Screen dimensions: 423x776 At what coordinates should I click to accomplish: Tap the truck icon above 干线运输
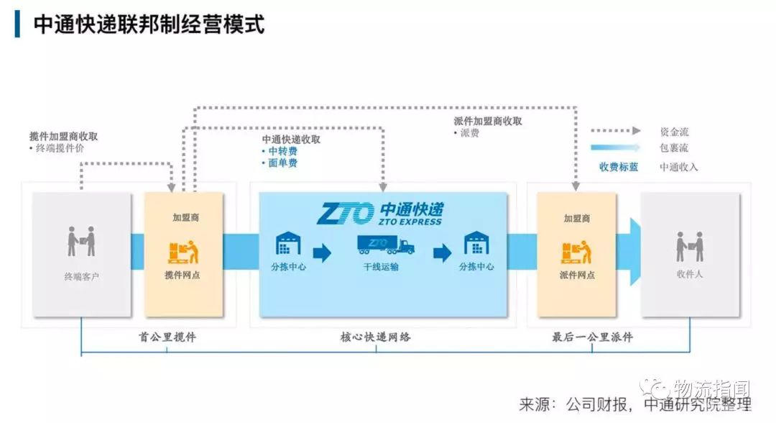point(386,245)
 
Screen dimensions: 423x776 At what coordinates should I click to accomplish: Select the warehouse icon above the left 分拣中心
point(288,243)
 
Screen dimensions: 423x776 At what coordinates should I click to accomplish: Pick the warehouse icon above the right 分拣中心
point(476,243)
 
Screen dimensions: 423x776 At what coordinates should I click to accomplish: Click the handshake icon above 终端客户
point(81,242)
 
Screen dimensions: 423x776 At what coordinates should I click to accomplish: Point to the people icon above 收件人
point(689,247)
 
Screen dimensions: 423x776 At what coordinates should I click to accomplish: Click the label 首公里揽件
point(167,337)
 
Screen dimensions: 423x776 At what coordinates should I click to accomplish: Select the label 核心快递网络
point(376,337)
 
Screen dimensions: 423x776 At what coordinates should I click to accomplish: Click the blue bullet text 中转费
point(282,151)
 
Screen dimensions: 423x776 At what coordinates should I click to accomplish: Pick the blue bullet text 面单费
point(282,163)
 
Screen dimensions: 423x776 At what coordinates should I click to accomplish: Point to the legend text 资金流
point(674,132)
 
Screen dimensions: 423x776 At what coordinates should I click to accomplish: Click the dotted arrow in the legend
point(615,131)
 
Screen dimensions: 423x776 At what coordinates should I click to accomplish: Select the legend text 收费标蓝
point(619,167)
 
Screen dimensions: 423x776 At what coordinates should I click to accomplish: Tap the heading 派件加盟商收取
point(488,122)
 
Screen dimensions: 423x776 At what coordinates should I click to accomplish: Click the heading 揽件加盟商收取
point(64,137)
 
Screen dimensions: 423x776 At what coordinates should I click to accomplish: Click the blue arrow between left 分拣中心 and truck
point(321,253)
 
